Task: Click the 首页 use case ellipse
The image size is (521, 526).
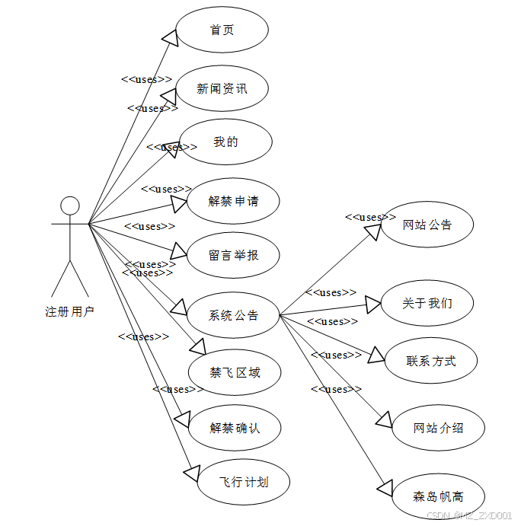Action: click(222, 30)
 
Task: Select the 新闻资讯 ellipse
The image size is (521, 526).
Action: click(222, 88)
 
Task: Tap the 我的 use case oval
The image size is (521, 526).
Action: click(225, 142)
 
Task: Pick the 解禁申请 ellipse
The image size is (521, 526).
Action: click(233, 201)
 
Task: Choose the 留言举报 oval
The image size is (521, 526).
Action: click(233, 254)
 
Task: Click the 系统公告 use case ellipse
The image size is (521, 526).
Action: click(233, 314)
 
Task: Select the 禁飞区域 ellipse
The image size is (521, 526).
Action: click(235, 372)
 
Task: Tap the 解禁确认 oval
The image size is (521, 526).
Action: click(235, 427)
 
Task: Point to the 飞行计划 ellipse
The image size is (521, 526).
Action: click(244, 481)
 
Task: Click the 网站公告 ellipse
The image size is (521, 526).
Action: click(427, 225)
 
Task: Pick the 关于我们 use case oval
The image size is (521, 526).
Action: click(427, 302)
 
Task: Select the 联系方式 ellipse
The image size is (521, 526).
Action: click(431, 360)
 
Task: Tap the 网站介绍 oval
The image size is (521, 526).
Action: click(438, 427)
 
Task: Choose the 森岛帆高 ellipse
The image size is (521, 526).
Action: click(438, 496)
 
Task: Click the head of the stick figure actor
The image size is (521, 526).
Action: click(70, 205)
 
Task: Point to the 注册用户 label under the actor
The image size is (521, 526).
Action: click(70, 311)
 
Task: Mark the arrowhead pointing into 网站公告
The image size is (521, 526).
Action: click(372, 231)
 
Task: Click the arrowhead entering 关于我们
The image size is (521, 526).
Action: click(372, 304)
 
